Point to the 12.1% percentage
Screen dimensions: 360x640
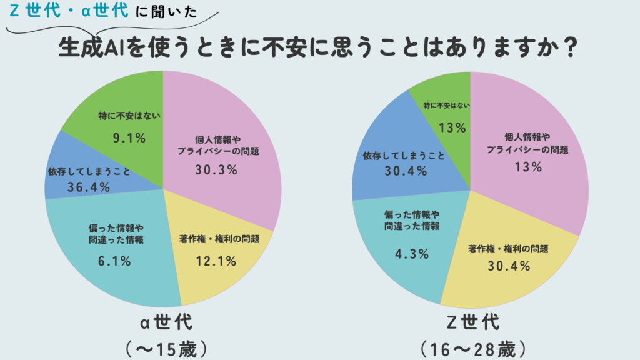pos(215,261)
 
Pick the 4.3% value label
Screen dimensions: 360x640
pos(411,253)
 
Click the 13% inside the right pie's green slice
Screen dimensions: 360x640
pos(453,127)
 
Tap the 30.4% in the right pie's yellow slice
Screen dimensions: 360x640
pos(508,266)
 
